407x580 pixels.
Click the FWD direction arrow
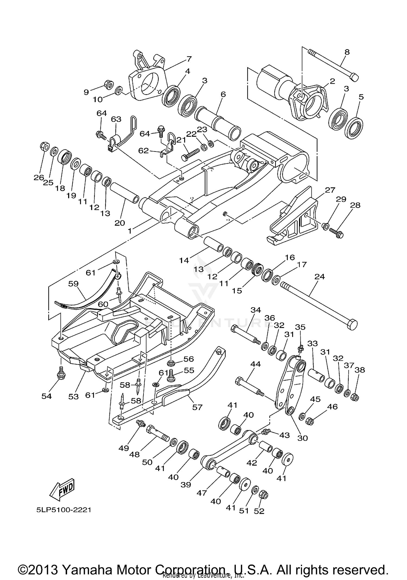(62, 489)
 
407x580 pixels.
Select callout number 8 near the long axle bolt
(347, 52)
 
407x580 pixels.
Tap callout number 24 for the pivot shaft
(319, 277)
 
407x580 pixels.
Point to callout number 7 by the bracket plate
(189, 59)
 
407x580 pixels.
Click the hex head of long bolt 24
(352, 325)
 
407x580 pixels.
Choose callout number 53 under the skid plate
(73, 396)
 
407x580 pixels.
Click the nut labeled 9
(109, 85)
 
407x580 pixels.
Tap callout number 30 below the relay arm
(303, 438)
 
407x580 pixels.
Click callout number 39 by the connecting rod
(186, 485)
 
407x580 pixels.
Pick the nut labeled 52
(263, 495)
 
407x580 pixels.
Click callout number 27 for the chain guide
(330, 190)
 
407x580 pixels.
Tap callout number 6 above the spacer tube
(223, 94)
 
